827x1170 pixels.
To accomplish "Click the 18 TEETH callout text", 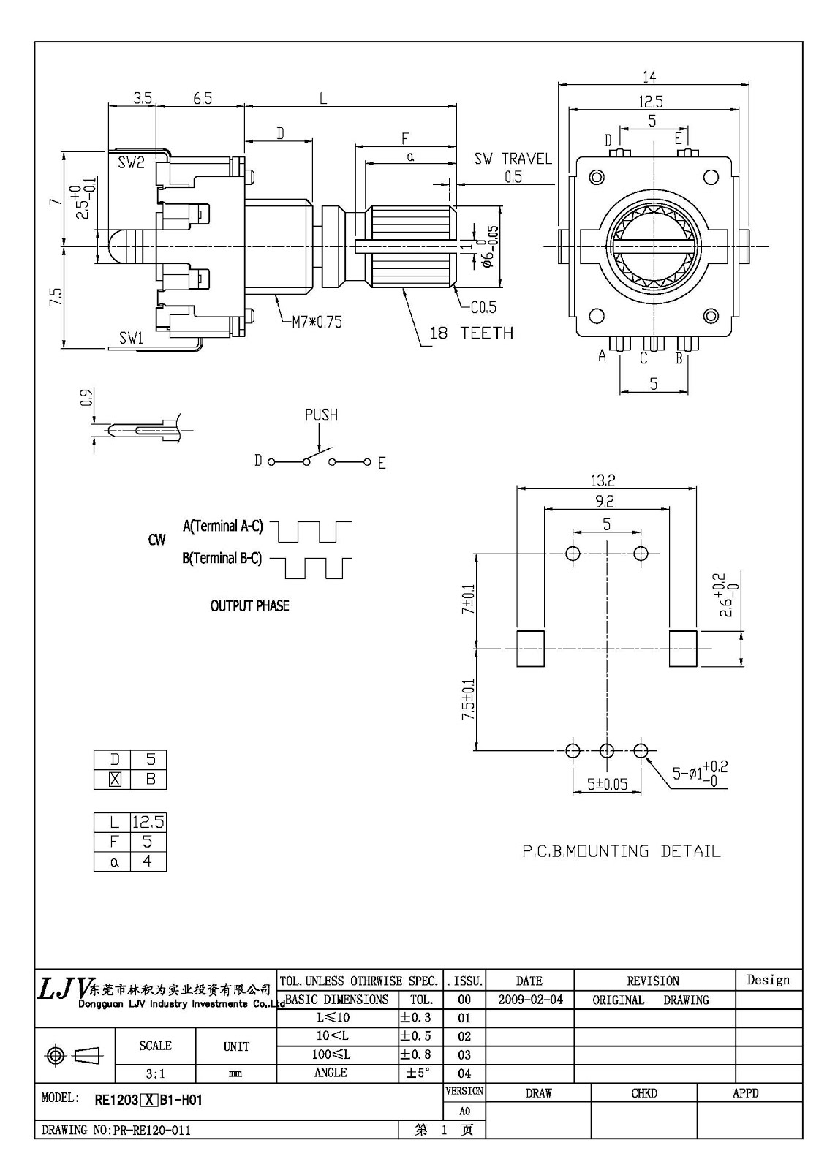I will (x=471, y=333).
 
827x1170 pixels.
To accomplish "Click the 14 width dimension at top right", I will (x=649, y=76).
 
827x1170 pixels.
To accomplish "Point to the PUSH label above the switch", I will (x=321, y=415).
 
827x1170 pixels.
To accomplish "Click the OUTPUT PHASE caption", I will (x=249, y=606).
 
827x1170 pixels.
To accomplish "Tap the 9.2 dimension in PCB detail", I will (x=604, y=502).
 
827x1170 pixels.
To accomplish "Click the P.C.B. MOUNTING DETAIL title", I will (x=621, y=851).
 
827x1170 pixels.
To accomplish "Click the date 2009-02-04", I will (x=529, y=1000).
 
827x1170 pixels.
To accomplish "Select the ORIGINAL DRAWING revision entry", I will (x=650, y=1000).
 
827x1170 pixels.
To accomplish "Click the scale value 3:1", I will (x=155, y=1073).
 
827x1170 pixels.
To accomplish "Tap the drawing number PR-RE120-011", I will (x=151, y=1131).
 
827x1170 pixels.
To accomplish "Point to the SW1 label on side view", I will (x=131, y=338).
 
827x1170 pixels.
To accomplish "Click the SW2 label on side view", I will (x=131, y=163).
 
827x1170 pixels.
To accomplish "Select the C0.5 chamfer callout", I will (x=483, y=307).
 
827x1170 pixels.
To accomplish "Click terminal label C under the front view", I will (x=643, y=358).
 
